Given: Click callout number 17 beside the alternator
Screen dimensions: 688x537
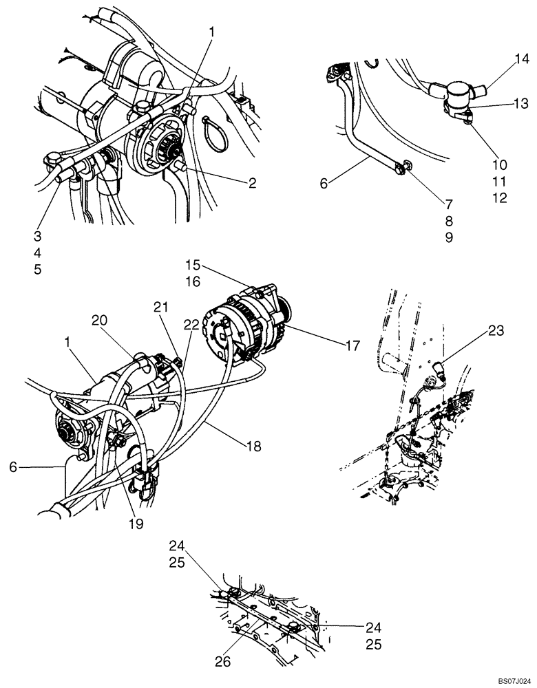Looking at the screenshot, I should [352, 346].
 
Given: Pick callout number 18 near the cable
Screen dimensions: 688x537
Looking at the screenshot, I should [252, 447].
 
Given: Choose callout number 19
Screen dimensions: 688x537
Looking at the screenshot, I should [135, 524].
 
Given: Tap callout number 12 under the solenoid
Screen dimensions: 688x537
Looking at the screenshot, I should [500, 198].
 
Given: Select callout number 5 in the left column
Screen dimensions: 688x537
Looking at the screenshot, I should [37, 269].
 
